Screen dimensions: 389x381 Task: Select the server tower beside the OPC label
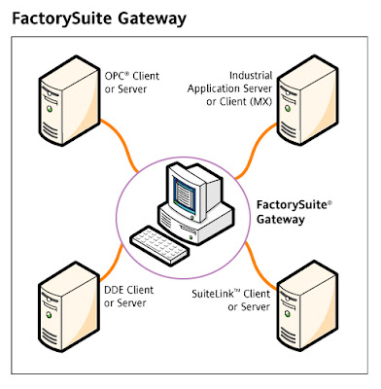tap(63, 100)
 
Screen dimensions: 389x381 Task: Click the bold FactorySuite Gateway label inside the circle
tap(288, 212)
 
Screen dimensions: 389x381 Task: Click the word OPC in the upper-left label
tap(113, 75)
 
